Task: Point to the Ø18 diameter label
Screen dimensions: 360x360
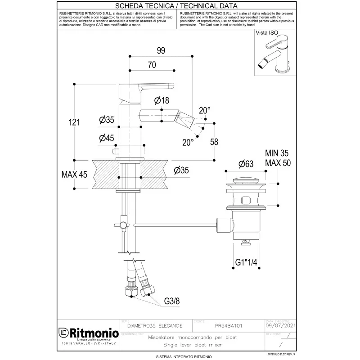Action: click(161, 101)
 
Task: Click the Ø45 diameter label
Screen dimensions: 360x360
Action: click(106, 138)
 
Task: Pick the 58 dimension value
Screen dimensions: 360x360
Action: click(214, 142)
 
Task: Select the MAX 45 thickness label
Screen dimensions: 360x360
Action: click(74, 175)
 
